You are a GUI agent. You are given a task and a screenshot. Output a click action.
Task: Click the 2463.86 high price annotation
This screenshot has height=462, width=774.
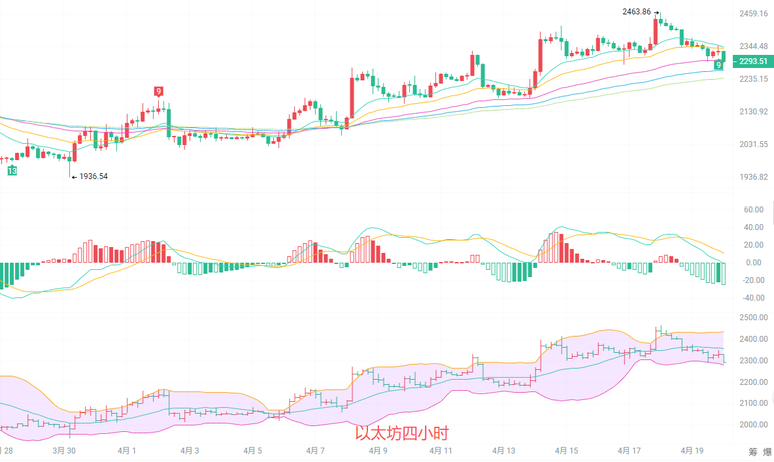click(x=637, y=12)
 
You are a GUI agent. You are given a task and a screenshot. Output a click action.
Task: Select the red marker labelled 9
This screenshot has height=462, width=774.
click(x=158, y=91)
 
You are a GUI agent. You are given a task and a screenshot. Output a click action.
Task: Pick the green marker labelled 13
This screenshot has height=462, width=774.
click(x=12, y=171)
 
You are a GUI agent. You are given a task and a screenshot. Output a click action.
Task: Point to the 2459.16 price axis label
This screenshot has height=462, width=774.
click(x=753, y=14)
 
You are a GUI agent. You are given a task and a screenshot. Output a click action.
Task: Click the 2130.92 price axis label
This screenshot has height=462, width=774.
click(x=753, y=112)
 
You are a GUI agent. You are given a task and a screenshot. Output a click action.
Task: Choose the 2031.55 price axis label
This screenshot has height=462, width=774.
click(x=753, y=144)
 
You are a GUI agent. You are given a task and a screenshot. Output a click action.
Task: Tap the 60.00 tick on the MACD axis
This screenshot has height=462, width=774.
click(x=754, y=210)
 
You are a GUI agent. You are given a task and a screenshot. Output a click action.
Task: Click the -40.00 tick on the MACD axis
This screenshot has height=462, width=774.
click(x=752, y=298)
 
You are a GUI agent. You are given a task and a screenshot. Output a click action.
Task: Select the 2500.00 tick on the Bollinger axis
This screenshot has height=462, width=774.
click(x=753, y=318)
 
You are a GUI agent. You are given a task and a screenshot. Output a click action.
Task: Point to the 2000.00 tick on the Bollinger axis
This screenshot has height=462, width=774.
click(x=753, y=425)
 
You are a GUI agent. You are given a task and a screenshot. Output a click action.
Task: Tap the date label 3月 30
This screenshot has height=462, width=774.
click(x=63, y=451)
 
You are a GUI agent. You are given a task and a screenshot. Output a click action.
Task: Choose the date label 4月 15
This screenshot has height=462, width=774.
click(x=566, y=451)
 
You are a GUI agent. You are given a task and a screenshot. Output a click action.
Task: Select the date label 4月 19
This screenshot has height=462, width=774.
click(x=692, y=451)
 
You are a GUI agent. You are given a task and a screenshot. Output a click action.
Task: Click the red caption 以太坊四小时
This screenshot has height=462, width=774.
click(x=401, y=433)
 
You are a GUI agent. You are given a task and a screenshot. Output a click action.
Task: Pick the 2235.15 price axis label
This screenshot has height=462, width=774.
click(x=753, y=79)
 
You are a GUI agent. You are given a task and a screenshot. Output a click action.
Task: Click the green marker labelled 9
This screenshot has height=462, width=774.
click(x=718, y=65)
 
